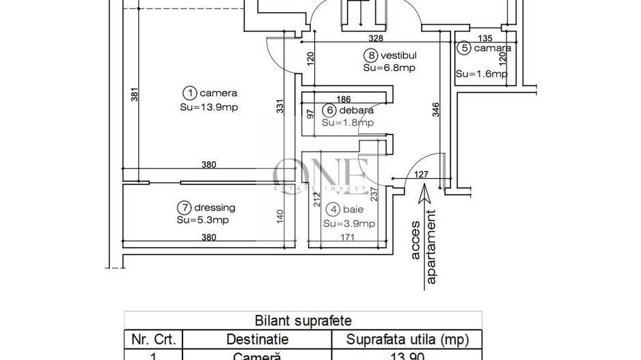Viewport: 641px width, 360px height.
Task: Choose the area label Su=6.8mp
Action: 390,68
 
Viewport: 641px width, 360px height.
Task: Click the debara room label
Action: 355,111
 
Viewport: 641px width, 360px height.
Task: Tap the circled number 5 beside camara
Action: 465,48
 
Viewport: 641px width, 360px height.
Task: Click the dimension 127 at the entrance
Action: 421,175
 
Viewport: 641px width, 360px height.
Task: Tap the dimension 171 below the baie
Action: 349,238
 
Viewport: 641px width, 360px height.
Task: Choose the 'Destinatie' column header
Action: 258,340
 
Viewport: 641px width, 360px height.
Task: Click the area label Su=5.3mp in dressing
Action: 202,220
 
